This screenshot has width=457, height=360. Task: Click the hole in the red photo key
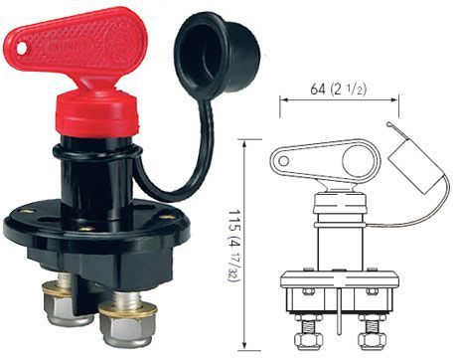22,49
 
